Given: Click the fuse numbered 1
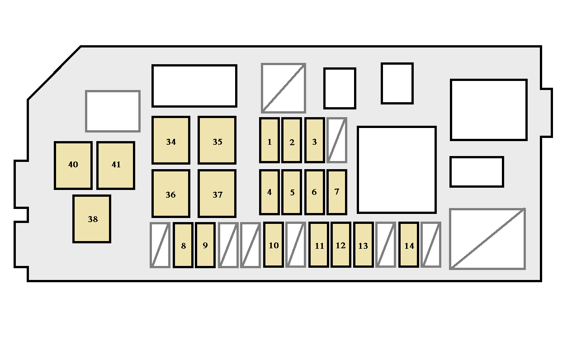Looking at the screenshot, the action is [269, 140].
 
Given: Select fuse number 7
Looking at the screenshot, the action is [337, 192].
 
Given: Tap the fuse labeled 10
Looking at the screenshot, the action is [274, 245].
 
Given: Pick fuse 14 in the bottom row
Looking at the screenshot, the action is [409, 245].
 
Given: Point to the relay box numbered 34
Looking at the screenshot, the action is [171, 140].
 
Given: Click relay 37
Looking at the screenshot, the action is [217, 194].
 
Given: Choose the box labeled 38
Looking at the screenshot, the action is [92, 219].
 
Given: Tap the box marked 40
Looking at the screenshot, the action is [73, 166].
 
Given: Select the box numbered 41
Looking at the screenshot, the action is [116, 166].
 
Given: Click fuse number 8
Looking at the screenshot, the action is [183, 245].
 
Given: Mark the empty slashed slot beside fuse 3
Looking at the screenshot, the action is [337, 140].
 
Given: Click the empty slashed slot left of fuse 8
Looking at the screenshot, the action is [160, 245].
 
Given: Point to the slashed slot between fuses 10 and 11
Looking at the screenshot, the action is [296, 245].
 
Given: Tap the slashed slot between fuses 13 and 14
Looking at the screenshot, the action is [386, 245].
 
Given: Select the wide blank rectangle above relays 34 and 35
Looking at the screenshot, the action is [194, 86].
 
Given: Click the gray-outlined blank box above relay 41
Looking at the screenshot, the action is [113, 111].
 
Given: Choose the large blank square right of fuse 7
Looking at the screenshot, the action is [397, 170].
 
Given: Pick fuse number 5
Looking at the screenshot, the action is [292, 192].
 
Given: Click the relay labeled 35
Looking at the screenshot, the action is [217, 140].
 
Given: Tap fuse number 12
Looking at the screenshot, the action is [341, 245].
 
